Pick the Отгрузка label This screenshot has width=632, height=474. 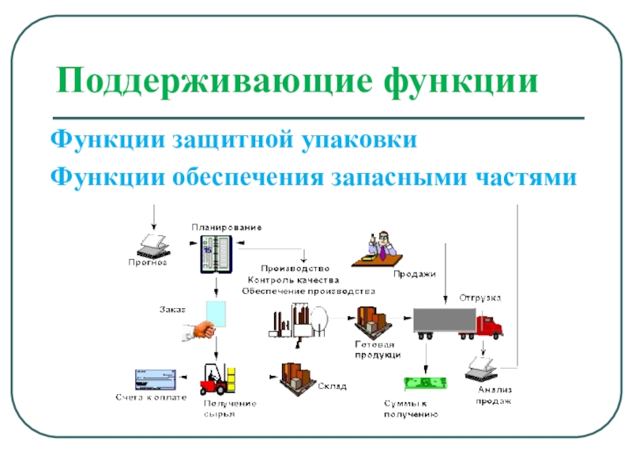click(480, 298)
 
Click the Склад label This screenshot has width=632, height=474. click(333, 386)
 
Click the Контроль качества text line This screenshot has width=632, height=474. click(293, 280)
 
